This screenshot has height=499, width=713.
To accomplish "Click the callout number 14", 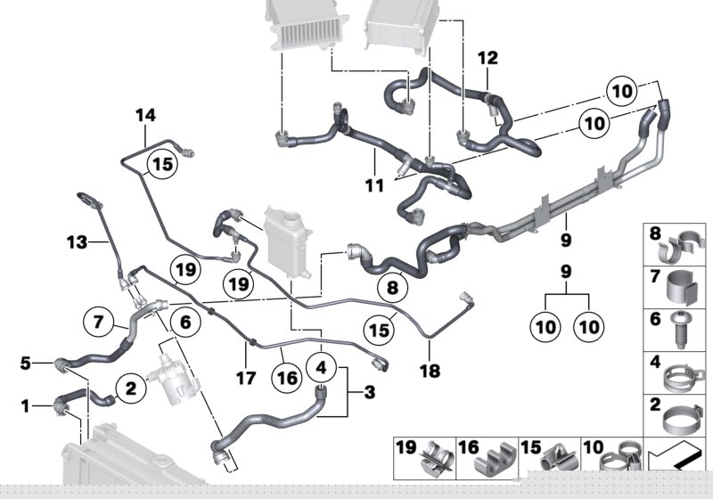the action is [x=145, y=115].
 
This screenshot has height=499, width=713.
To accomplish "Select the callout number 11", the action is [x=374, y=186].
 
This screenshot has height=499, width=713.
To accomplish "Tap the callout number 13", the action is [x=78, y=241].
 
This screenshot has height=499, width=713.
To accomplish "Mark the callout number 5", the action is [x=26, y=362].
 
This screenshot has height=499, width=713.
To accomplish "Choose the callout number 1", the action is [x=26, y=407].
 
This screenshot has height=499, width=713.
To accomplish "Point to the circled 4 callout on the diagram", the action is [x=322, y=366].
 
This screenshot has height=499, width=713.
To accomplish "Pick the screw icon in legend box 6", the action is [x=678, y=331].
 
